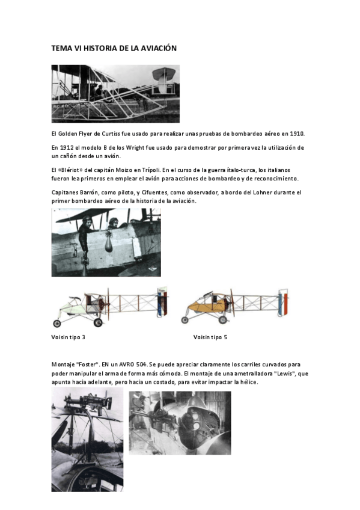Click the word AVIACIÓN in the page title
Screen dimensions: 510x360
click(157, 48)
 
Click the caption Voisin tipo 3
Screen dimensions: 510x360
click(68, 337)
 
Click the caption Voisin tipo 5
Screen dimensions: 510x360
click(210, 337)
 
